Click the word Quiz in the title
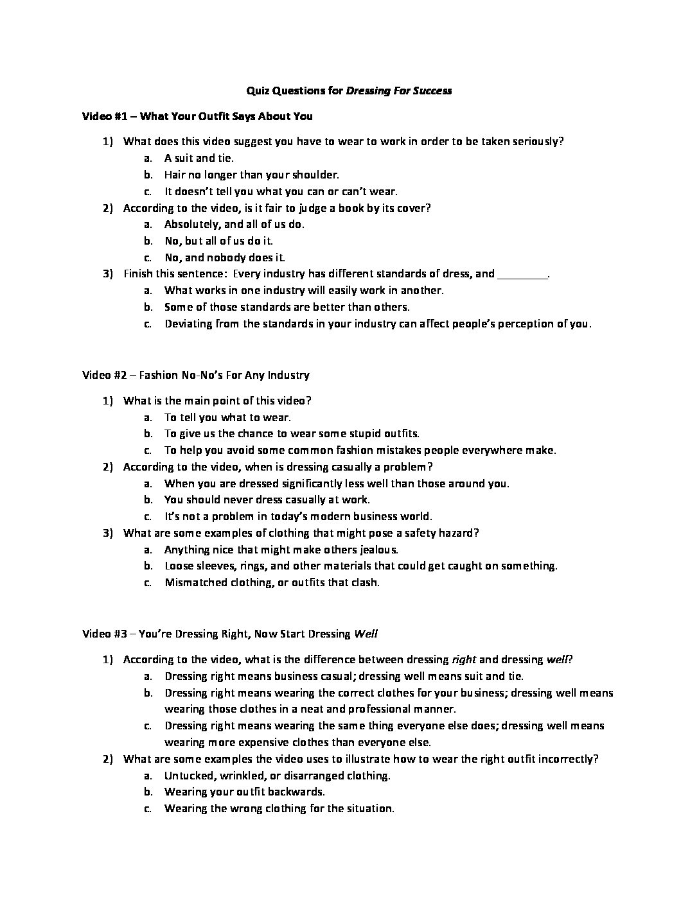(258, 91)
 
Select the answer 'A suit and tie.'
(199, 158)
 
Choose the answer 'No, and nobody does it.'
(224, 257)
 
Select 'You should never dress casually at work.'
(267, 500)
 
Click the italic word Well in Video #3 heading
(366, 634)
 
